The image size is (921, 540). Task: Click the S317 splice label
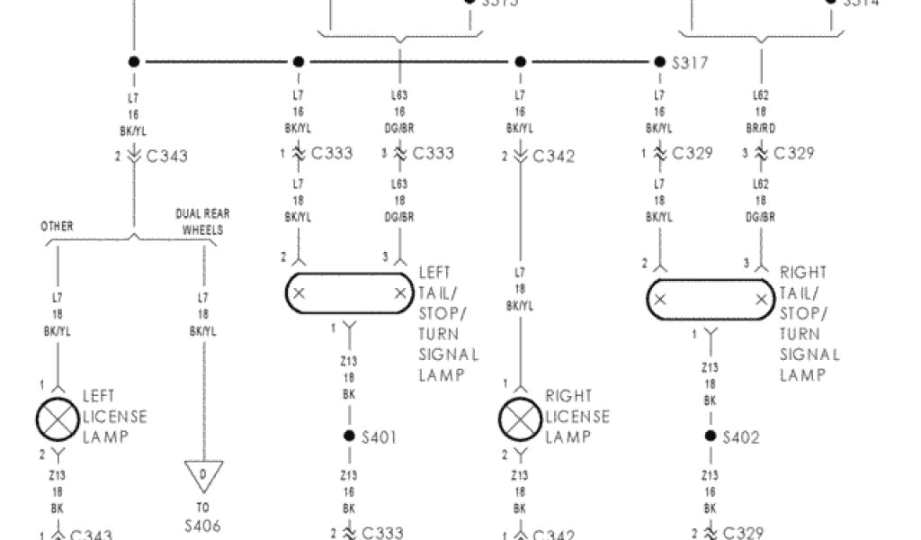coord(690,63)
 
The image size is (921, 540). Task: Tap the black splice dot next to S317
coord(659,62)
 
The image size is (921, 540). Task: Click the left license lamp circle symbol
coord(58,417)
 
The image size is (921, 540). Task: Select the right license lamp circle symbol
coord(521,417)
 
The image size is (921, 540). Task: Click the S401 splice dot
coord(350,436)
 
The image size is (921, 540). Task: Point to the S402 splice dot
coord(711,436)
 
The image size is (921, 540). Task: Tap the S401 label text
coord(379,437)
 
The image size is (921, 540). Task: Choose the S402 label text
coord(740,437)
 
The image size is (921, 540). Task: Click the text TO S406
coord(203,517)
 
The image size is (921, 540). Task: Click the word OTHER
coord(57,226)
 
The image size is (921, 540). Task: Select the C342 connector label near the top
coord(553,157)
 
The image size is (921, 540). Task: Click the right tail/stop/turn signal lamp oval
coord(710,300)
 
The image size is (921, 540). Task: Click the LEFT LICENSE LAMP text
coord(114,416)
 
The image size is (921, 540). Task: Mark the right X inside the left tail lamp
coord(399,293)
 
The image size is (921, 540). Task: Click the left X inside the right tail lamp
coord(660,300)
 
